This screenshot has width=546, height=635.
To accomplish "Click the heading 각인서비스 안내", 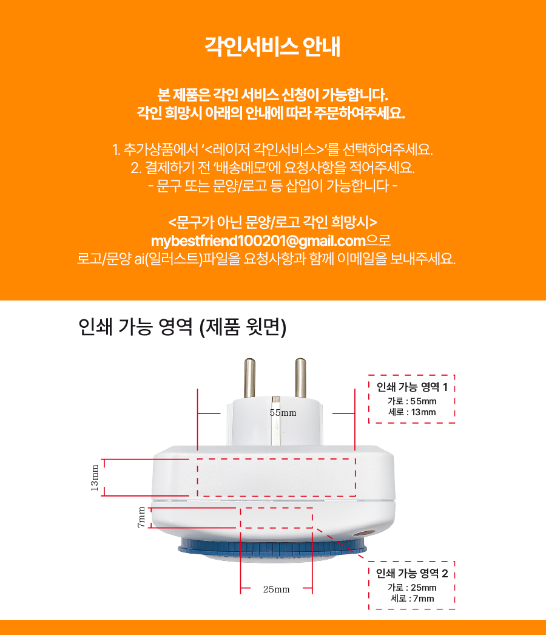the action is (272, 47).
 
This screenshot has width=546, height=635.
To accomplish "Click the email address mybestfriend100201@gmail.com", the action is (258, 241).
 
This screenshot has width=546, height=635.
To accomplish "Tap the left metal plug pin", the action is (249, 378).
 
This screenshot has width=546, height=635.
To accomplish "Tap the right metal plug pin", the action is (300, 378).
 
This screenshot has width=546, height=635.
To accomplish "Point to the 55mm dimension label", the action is (283, 413).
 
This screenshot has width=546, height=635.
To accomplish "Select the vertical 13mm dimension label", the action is (94, 478).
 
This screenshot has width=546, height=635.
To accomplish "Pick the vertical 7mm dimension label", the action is (141, 517).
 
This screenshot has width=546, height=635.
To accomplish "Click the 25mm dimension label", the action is (277, 589).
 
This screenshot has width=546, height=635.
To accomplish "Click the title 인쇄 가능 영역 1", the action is (412, 387).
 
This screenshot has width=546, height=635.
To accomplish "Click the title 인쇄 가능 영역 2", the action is (412, 574).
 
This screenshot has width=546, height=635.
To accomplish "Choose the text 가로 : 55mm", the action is (412, 401).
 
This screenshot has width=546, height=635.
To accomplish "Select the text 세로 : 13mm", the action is (412, 412).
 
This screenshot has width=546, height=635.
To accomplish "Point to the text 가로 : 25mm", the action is (412, 588).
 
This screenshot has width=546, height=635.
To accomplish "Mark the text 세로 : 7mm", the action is (412, 599).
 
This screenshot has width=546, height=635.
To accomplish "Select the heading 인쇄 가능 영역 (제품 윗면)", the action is (182, 327).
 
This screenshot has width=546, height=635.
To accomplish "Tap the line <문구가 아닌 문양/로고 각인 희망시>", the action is (272, 222).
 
